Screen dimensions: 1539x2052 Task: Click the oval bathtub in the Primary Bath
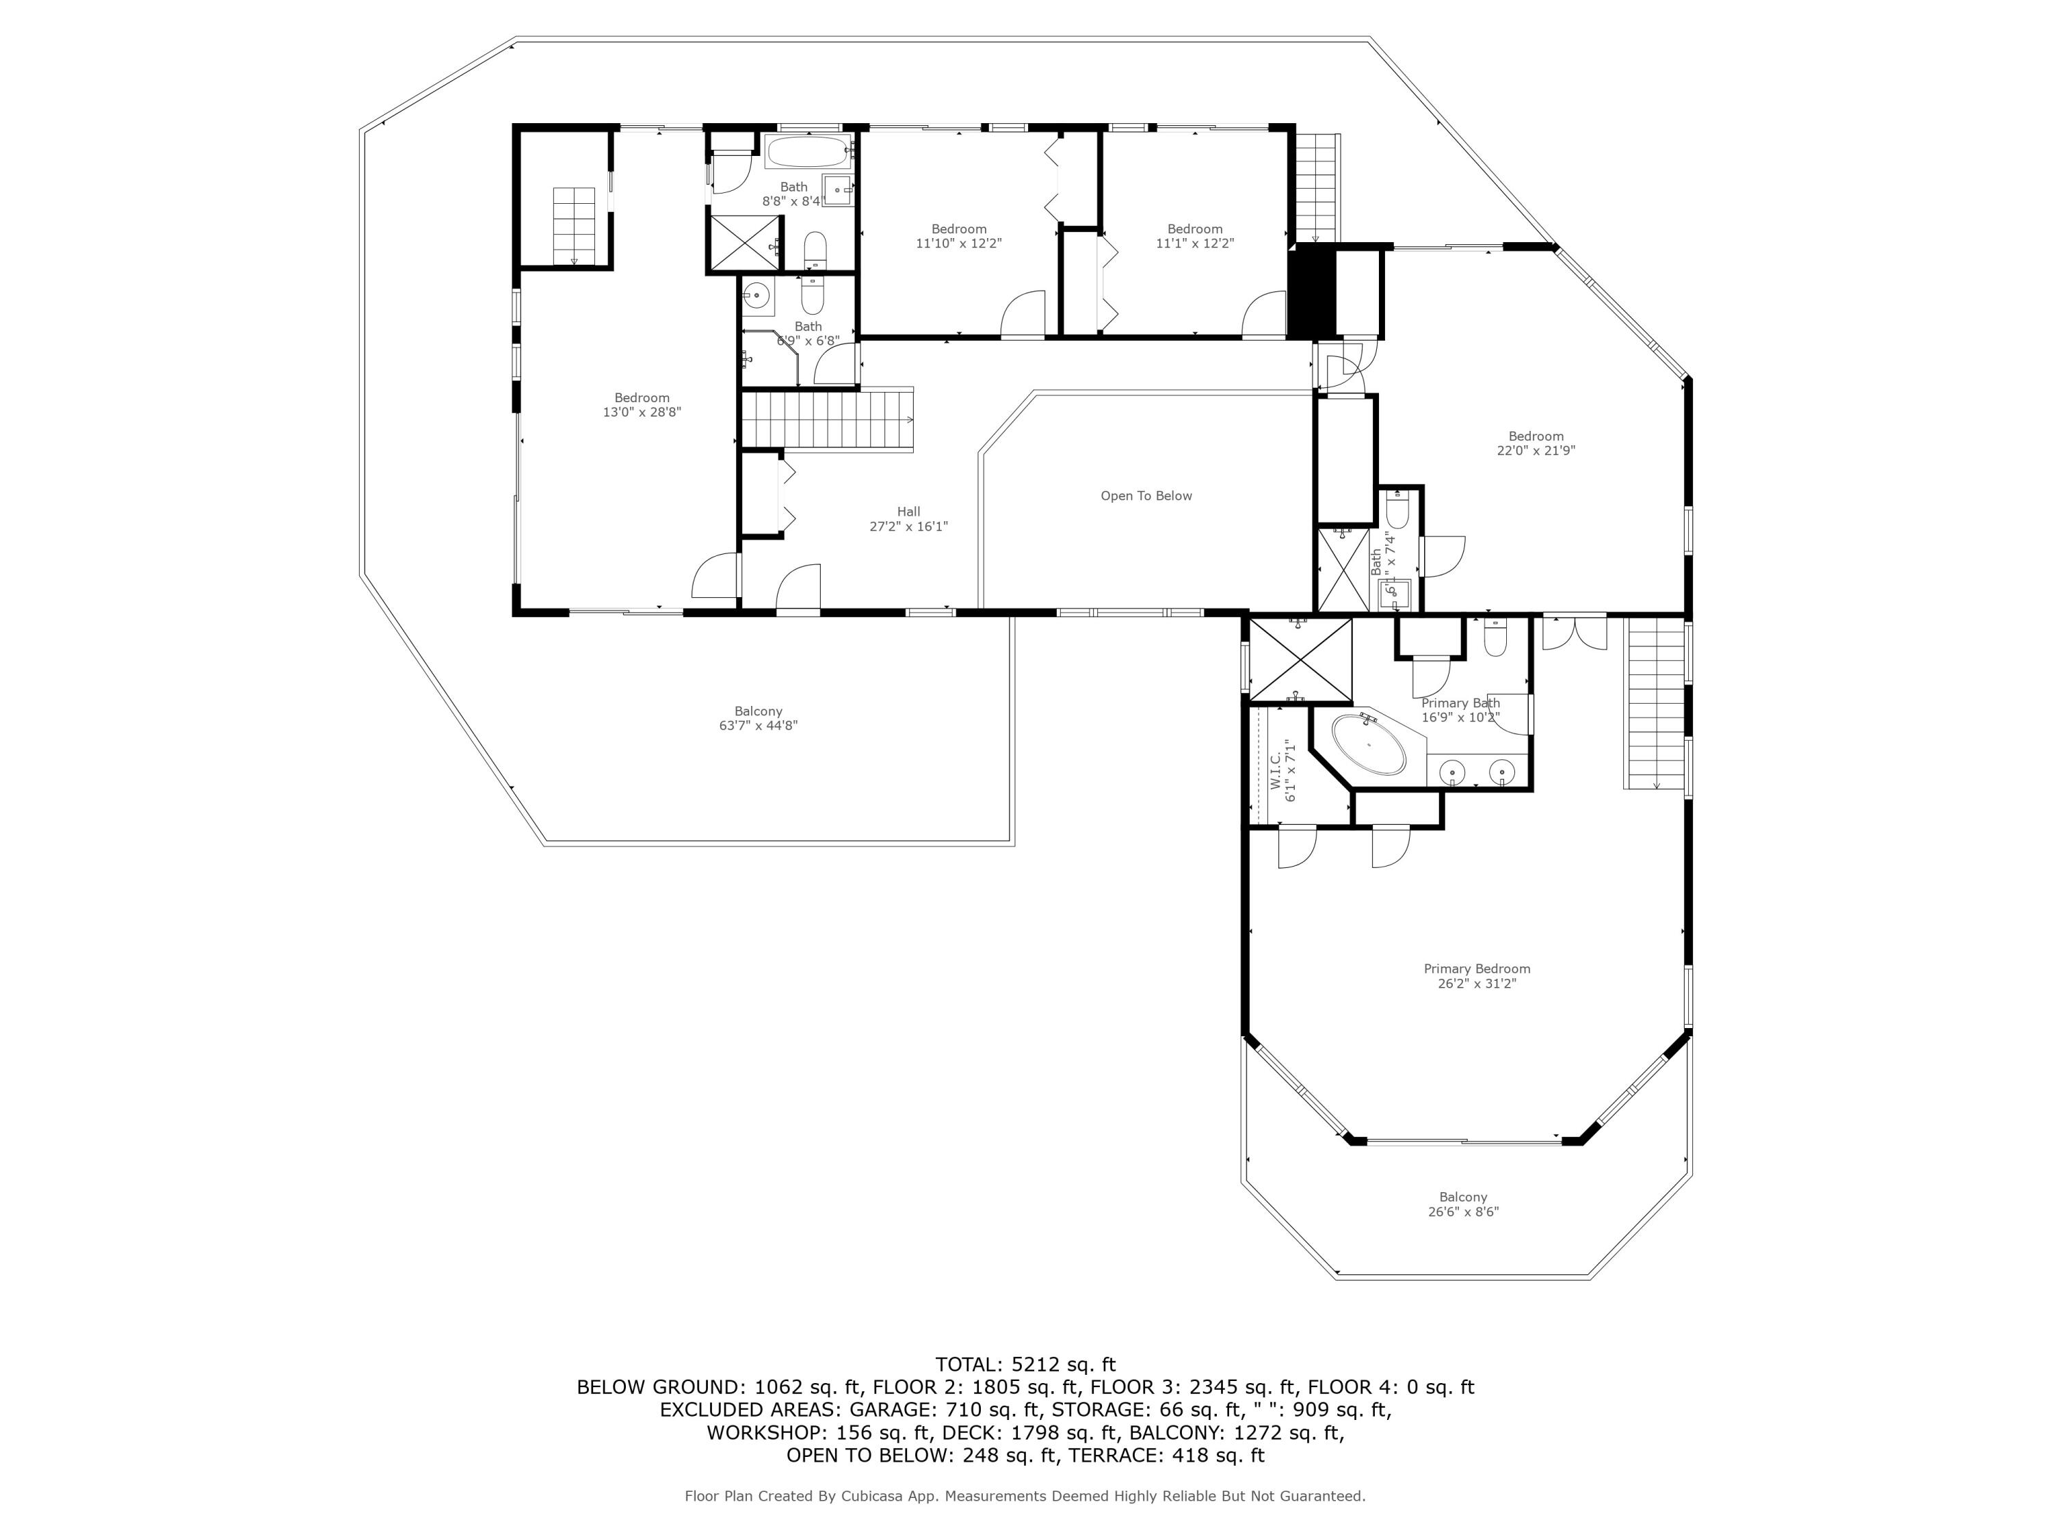[x=1368, y=744]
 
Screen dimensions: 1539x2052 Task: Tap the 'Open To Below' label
[x=1146, y=495]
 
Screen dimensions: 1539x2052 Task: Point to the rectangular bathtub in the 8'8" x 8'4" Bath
[x=808, y=150]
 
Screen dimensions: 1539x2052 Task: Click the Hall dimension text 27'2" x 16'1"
[x=908, y=526]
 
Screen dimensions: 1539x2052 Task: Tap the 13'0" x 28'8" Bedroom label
[x=642, y=404]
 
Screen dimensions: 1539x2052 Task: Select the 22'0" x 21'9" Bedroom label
[x=1536, y=443]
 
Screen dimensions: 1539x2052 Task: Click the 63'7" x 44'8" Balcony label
[x=758, y=718]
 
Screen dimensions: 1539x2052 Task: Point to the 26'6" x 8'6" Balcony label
[x=1463, y=1204]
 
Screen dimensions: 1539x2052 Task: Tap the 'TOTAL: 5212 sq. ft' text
[x=1025, y=1364]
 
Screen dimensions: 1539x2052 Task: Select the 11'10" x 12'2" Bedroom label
[x=958, y=235]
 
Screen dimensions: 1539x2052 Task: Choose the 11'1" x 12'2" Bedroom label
[x=1195, y=235]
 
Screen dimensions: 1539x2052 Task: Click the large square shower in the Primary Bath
[x=1300, y=659]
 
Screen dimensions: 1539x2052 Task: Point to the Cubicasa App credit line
[x=1025, y=1495]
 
